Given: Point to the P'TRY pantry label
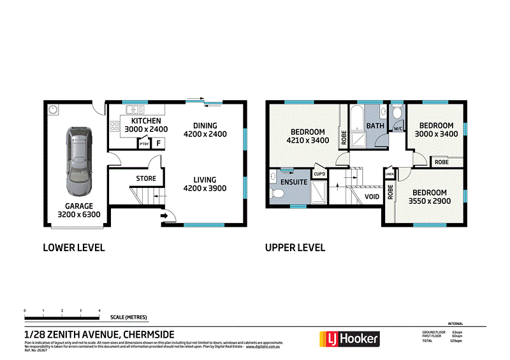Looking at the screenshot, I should coord(144,145).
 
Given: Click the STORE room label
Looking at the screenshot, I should coord(146,179).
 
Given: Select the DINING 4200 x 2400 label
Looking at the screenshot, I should coord(205,130).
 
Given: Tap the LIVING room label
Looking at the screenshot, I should coord(205,185).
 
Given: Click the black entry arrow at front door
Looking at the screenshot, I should coord(164,216).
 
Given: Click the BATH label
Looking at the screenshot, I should coord(375,126).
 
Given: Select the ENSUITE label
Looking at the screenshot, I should coord(294,182).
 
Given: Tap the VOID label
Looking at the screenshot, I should coord(372,196).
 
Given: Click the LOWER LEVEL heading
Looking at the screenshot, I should coord(73,247).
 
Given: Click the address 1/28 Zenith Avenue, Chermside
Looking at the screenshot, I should coord(99,334).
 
